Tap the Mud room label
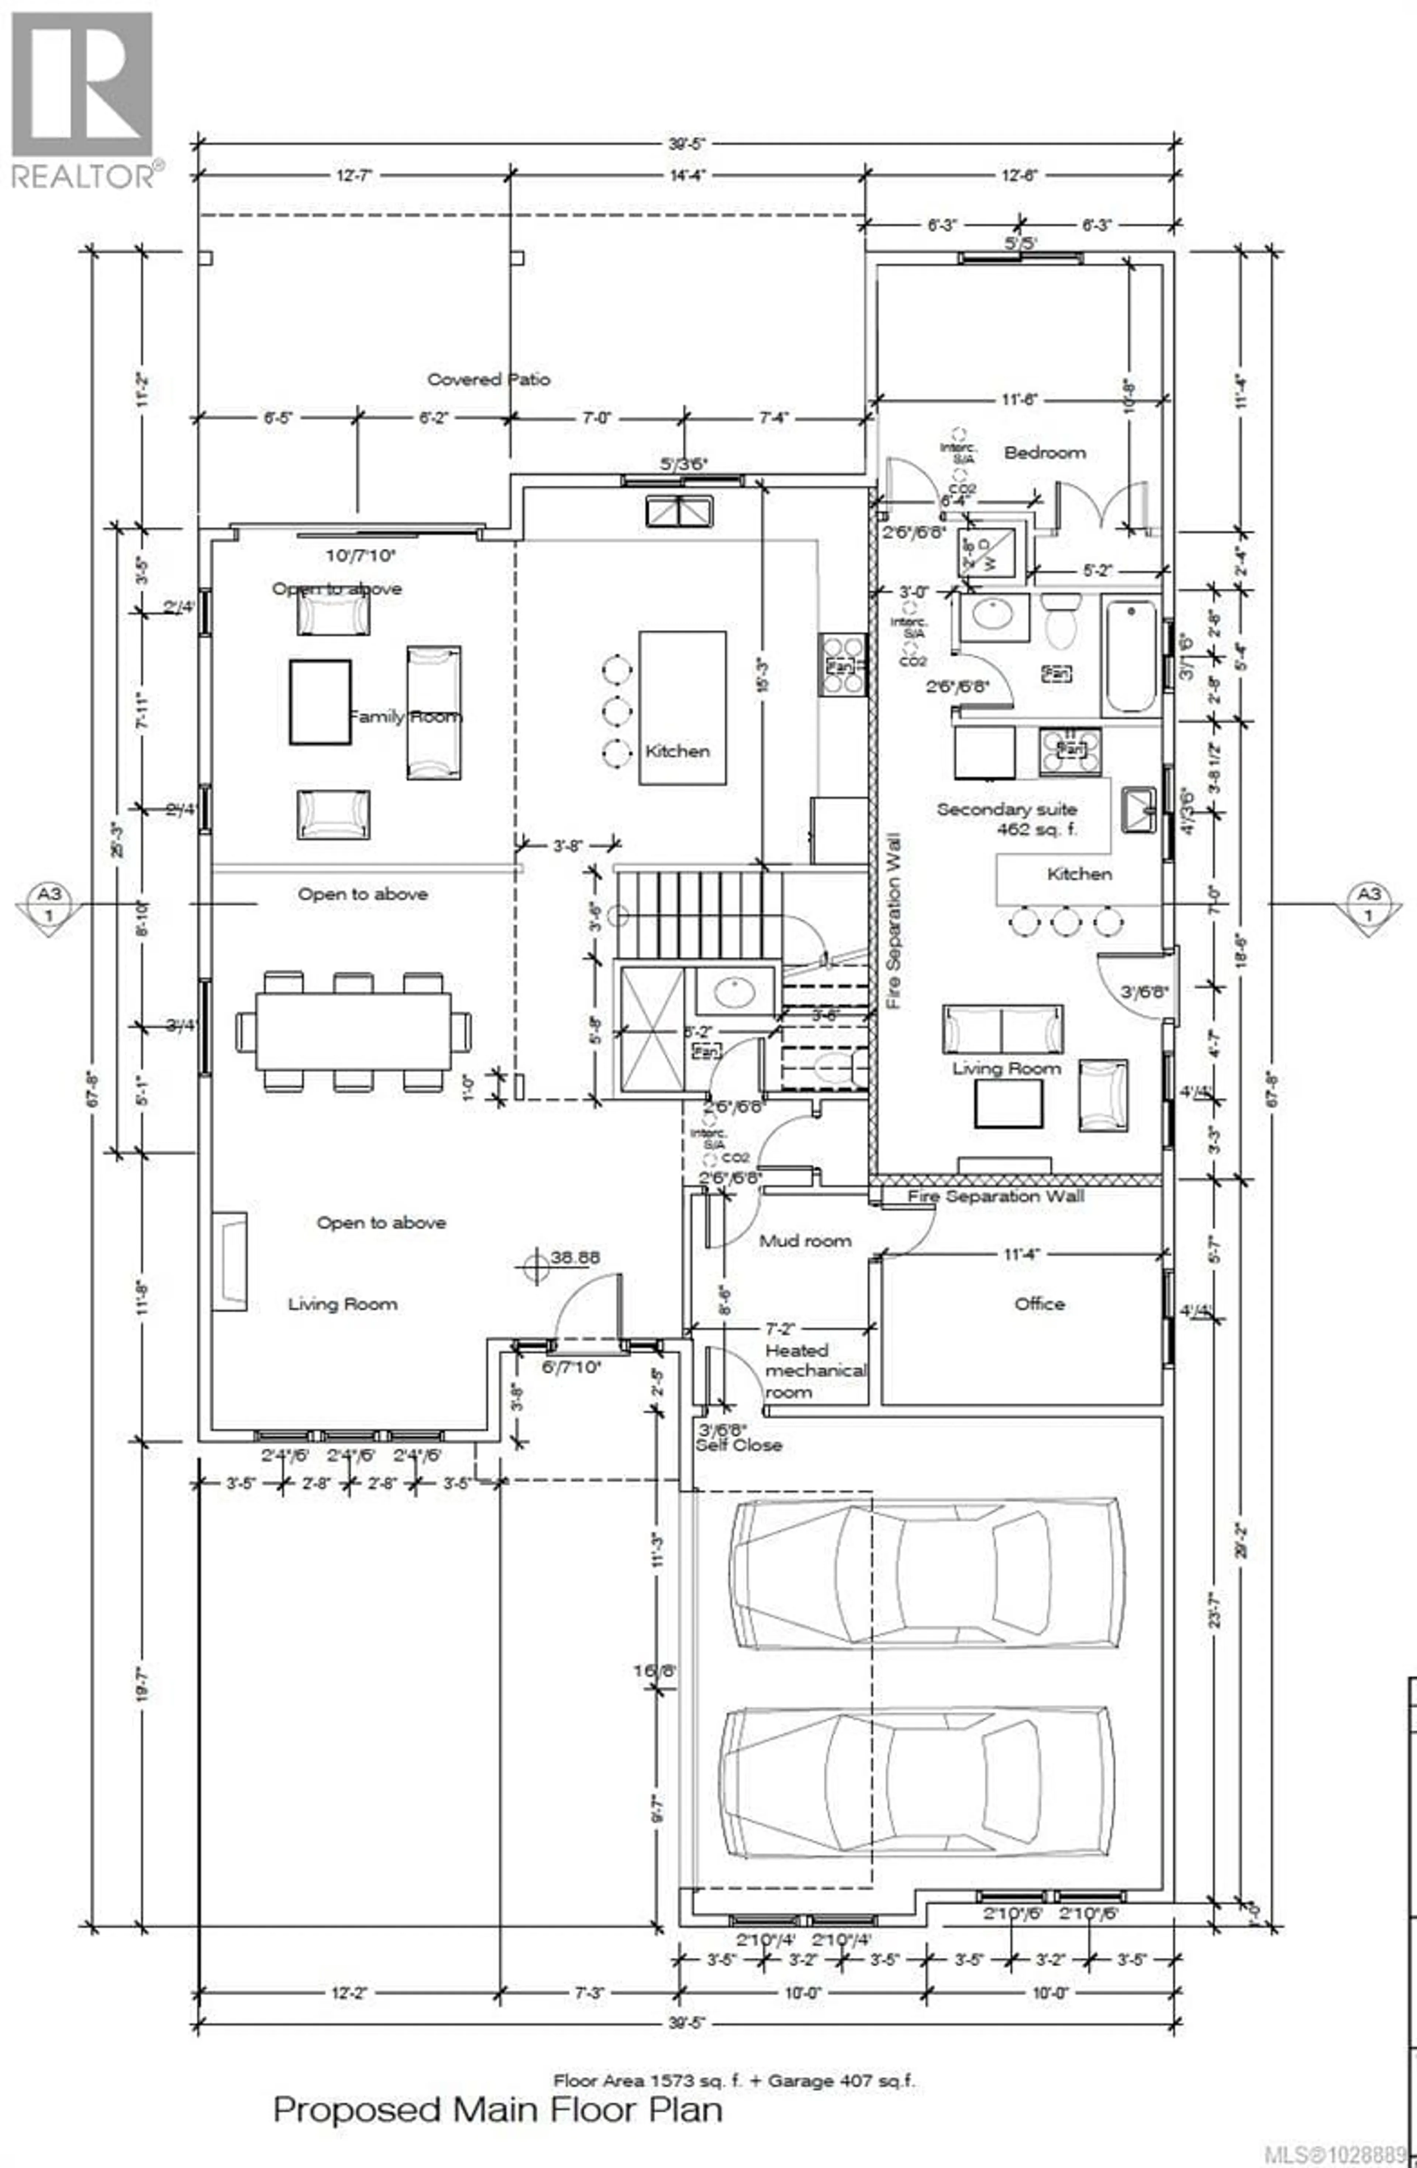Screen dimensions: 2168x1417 coord(805,1241)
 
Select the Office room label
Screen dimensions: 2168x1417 coord(1039,1303)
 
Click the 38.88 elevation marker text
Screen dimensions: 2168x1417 coord(574,1257)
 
